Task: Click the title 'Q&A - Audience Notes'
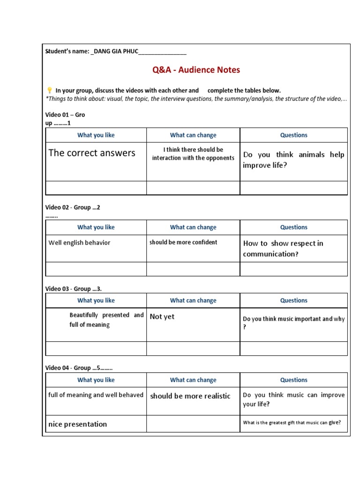click(x=196, y=70)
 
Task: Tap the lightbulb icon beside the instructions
click(x=49, y=90)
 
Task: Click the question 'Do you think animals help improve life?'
click(x=293, y=160)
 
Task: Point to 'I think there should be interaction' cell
click(x=193, y=154)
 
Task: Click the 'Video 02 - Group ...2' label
click(x=73, y=207)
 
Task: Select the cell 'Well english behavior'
click(x=80, y=243)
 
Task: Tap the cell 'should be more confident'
click(x=183, y=242)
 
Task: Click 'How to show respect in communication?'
click(x=283, y=248)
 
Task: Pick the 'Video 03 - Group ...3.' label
click(x=74, y=289)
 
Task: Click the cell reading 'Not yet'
click(x=162, y=317)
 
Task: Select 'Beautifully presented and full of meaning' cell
click(x=106, y=320)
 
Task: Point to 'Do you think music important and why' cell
click(x=293, y=323)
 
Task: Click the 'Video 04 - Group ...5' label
click(x=79, y=368)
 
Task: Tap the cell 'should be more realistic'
click(x=190, y=396)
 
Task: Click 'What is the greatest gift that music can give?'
click(x=292, y=422)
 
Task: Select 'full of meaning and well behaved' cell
click(x=96, y=395)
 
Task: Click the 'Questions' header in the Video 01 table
click(x=294, y=135)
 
